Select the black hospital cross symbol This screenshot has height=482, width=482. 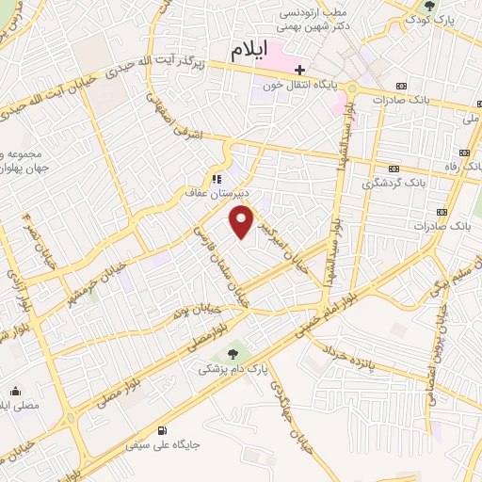click(x=299, y=70)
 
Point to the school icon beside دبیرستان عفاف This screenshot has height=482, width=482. click(x=217, y=179)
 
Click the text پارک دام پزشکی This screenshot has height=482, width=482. click(x=218, y=371)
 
